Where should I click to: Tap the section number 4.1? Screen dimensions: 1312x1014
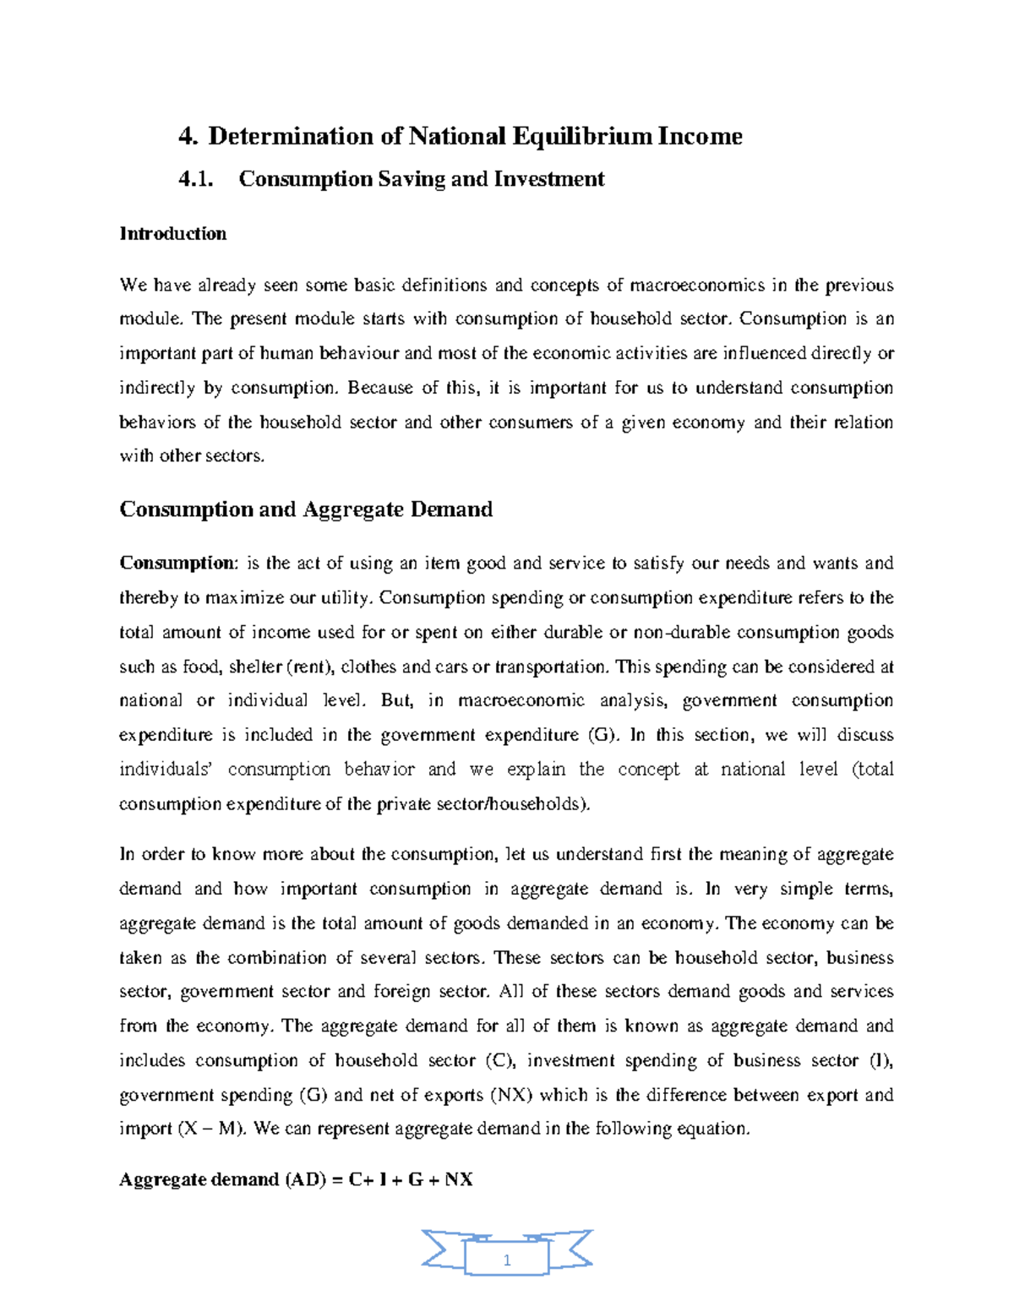(196, 179)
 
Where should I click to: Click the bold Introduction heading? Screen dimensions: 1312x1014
(172, 233)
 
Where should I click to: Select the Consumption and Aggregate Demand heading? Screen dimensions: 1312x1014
(306, 509)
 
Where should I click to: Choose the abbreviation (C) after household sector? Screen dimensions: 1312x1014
(495, 1060)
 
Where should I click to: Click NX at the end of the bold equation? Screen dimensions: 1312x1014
(459, 1179)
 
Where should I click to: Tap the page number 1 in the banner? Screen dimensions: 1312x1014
(507, 1260)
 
